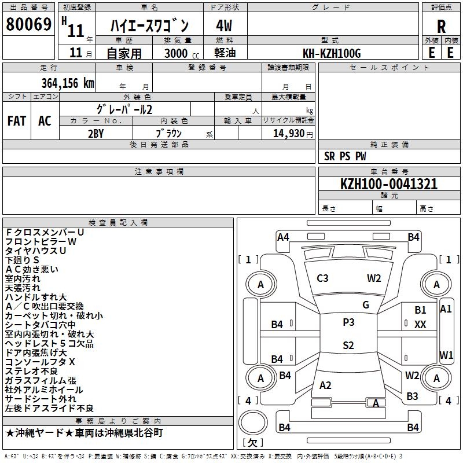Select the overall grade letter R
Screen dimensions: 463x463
coord(441,26)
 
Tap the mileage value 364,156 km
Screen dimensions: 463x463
coord(68,83)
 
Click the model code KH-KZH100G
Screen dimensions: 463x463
coord(332,53)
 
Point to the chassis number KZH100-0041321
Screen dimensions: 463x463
coord(389,184)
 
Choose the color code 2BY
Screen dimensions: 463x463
coord(95,133)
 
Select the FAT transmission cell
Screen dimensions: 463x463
coord(16,121)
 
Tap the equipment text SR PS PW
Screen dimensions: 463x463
coord(345,156)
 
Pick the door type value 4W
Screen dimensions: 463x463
coord(224,26)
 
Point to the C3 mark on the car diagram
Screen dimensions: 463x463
coord(322,278)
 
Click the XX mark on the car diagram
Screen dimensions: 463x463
coord(420,325)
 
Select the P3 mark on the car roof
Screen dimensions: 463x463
coord(348,322)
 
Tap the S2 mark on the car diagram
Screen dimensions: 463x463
coord(348,346)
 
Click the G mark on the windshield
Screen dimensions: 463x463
coord(366,304)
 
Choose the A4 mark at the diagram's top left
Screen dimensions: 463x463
coord(283,237)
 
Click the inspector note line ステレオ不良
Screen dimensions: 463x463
coord(32,371)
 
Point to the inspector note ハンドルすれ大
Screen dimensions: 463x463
coord(36,297)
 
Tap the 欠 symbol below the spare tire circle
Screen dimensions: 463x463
coord(252,442)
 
